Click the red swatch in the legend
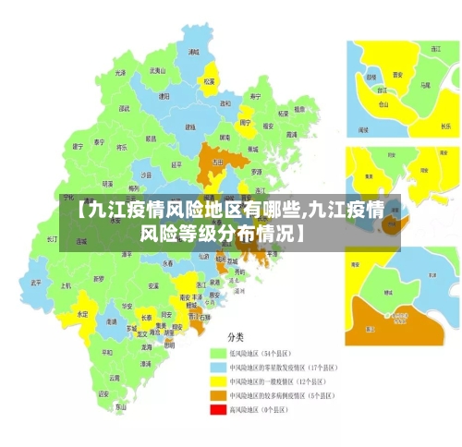tap(219, 408)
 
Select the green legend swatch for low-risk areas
tap(219, 353)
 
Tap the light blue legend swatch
tap(219, 367)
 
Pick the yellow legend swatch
tap(219, 381)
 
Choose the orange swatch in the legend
tap(219, 394)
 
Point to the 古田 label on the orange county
tap(218, 162)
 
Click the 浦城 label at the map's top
tap(193, 53)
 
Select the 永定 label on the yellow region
tap(83, 314)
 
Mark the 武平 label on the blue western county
tap(36, 283)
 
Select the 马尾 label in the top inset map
tap(426, 85)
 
